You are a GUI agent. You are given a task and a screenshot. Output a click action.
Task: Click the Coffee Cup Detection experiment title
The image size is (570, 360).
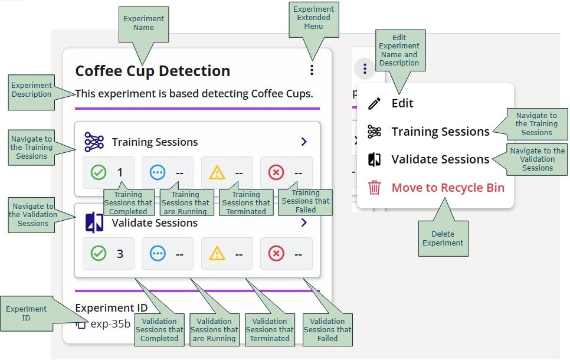pos(152,71)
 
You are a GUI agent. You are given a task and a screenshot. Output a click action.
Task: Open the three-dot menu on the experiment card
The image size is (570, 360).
pos(312,70)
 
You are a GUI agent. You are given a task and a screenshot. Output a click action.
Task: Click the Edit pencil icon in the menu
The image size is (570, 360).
pos(374,103)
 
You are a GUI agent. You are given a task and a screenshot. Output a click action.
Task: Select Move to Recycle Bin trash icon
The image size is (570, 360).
pos(374,188)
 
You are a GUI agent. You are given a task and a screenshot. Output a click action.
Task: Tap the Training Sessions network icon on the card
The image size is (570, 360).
pos(94,142)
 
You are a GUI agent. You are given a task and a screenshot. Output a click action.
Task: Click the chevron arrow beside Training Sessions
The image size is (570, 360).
pos(304,142)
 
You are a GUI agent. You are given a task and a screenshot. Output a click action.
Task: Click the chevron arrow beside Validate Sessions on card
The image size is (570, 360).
pos(304,222)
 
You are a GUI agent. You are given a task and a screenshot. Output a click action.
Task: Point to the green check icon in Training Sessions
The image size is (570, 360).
pos(99,172)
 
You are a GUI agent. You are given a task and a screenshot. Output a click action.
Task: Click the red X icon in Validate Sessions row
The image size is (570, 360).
pos(276,254)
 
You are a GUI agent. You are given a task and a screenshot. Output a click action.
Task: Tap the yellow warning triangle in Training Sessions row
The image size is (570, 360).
pos(217,172)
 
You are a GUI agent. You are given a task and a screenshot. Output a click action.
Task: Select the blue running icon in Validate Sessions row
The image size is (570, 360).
pos(158,254)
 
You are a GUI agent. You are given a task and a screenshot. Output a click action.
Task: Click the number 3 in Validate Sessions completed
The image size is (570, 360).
pos(120,254)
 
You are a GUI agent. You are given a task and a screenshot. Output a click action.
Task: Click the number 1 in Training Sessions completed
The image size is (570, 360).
pos(120,172)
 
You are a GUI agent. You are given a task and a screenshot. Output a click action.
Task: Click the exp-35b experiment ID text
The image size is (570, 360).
pos(110,323)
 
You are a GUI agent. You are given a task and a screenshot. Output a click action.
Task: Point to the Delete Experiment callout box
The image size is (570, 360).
pos(443,238)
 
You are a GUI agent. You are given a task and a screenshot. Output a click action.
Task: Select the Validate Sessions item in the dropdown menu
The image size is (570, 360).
pos(440,159)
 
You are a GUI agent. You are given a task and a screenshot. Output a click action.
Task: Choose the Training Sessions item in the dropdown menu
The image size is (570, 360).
pos(440,132)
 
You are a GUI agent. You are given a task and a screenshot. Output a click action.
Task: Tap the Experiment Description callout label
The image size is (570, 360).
pos(31,90)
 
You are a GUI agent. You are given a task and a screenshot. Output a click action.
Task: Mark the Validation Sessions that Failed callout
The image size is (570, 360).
pos(327,330)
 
